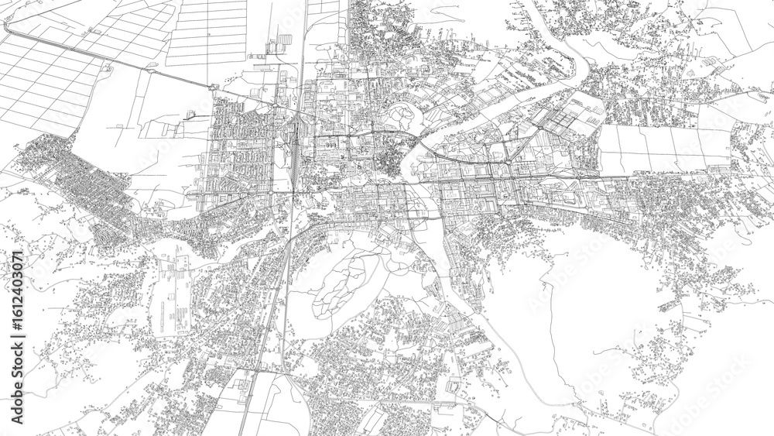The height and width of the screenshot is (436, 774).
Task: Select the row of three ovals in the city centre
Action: click(x=331, y=143)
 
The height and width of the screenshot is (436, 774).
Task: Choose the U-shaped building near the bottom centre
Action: click(x=454, y=387)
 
